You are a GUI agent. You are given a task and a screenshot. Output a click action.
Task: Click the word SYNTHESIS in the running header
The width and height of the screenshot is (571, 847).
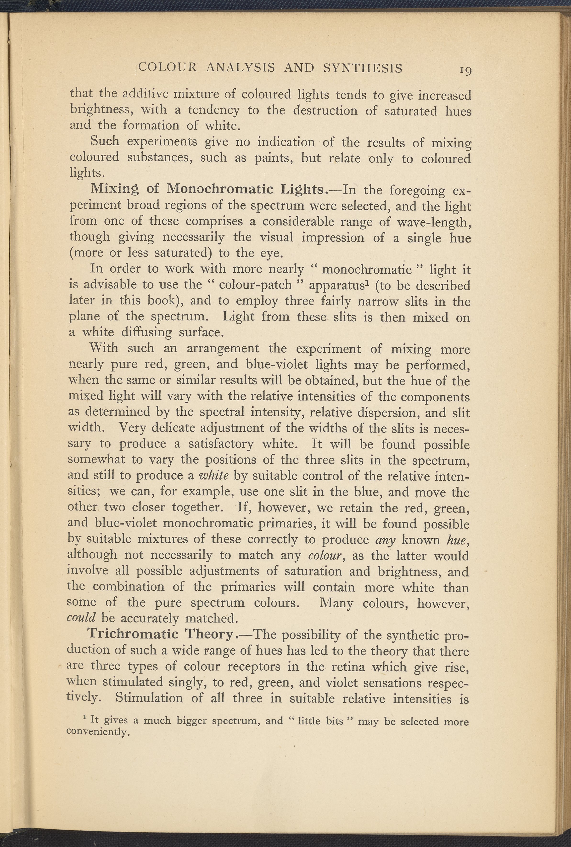(x=363, y=68)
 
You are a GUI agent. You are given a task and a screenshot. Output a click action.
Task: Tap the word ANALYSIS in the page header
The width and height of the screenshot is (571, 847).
(x=240, y=68)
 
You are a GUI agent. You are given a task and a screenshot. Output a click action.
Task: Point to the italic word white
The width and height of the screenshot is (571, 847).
(x=214, y=475)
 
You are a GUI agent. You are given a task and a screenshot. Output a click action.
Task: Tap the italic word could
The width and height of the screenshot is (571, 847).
(x=81, y=618)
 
